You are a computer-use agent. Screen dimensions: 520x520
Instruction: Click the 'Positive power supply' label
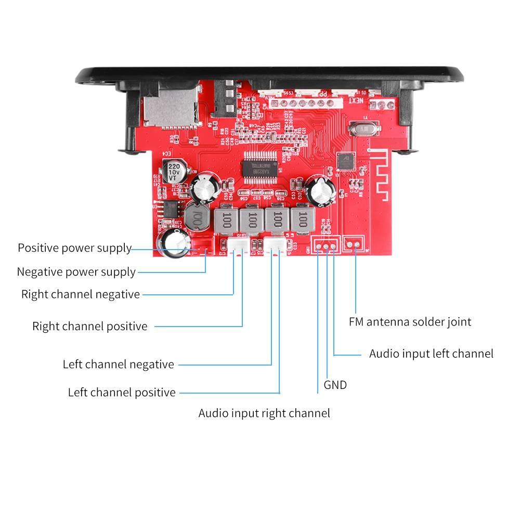pyautogui.click(x=74, y=248)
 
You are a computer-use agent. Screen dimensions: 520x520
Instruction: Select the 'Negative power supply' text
pyautogui.click(x=76, y=272)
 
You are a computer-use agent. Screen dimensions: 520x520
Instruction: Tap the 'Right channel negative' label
pyautogui.click(x=81, y=294)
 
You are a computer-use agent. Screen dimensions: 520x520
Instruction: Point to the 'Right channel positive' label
pyautogui.click(x=90, y=327)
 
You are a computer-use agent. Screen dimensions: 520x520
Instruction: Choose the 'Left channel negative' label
pyautogui.click(x=118, y=365)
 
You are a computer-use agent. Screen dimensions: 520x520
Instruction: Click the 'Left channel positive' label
pyautogui.click(x=122, y=393)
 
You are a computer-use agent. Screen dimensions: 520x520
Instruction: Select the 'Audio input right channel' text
pyautogui.click(x=264, y=413)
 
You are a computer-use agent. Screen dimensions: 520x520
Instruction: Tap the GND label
pyautogui.click(x=335, y=385)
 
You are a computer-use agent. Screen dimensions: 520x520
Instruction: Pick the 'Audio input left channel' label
pyautogui.click(x=431, y=354)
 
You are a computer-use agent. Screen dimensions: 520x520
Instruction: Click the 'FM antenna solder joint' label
pyautogui.click(x=410, y=322)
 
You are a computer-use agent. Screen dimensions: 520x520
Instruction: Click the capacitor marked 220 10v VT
pyautogui.click(x=173, y=171)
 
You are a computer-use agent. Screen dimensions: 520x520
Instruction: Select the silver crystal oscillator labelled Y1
pyautogui.click(x=361, y=128)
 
